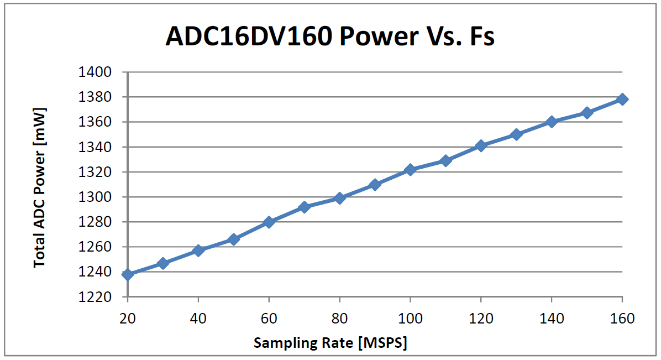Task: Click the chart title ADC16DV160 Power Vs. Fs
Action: click(330, 36)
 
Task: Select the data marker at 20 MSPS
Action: click(128, 274)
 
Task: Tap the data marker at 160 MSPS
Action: click(622, 99)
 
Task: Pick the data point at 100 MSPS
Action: click(410, 169)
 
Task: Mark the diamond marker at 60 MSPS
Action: click(269, 222)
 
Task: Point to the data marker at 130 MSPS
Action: click(516, 134)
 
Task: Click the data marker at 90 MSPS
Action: click(375, 184)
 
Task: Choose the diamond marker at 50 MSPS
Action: click(233, 239)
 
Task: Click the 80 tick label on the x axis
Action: click(339, 319)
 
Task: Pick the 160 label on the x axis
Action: click(622, 319)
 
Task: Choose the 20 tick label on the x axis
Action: click(128, 319)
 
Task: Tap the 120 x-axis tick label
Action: click(481, 319)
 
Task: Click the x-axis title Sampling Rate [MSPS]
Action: click(330, 343)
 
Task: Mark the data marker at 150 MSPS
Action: click(587, 112)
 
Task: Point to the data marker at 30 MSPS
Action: click(163, 263)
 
